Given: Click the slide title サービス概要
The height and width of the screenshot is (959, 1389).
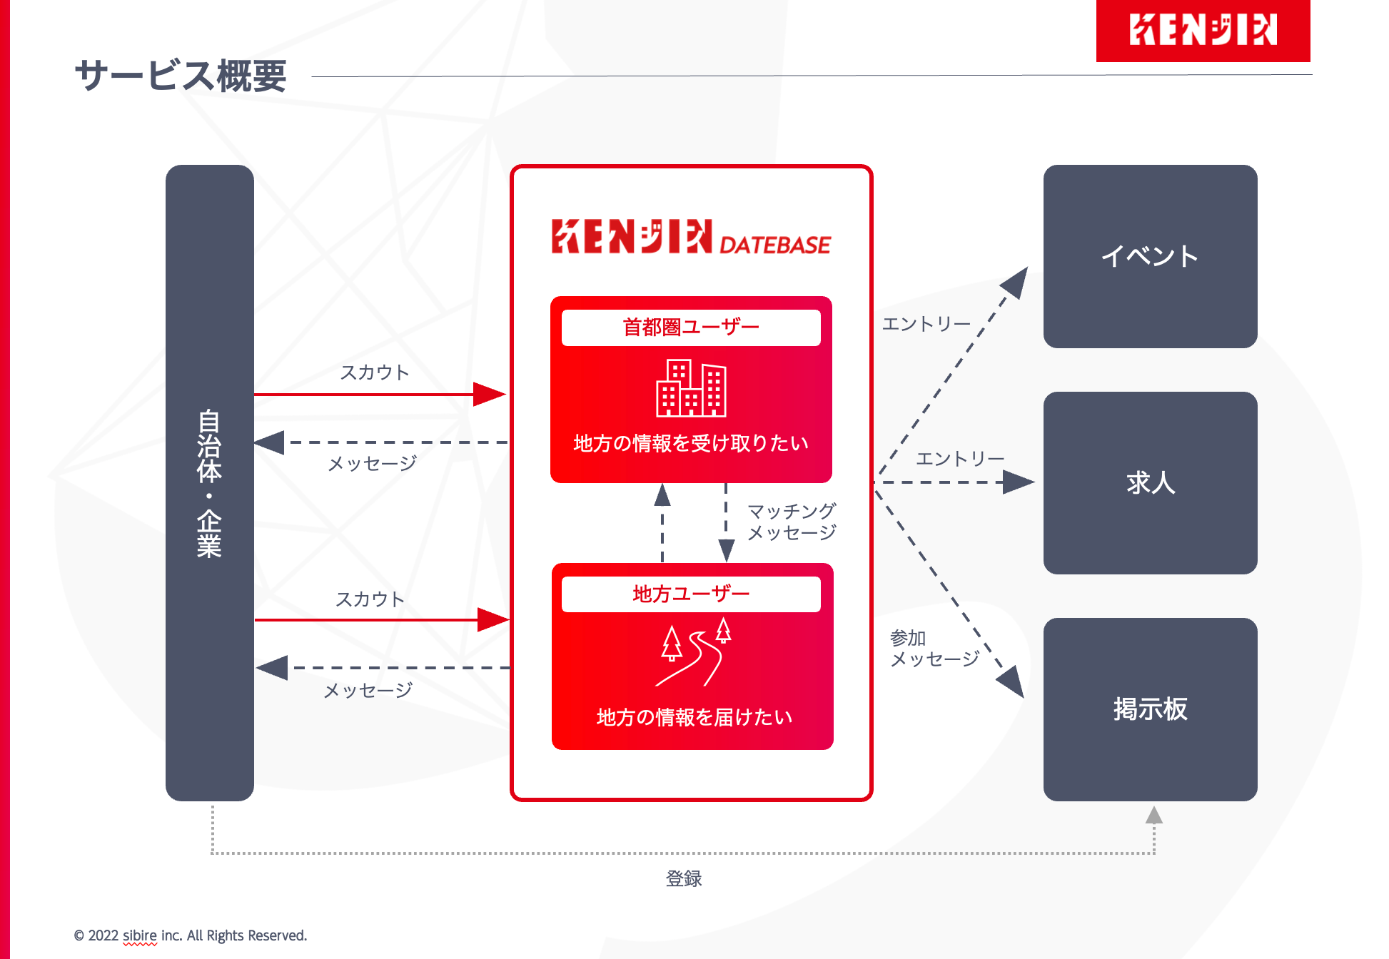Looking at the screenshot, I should pos(181,76).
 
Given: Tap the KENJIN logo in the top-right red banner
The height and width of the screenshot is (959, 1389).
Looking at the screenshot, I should pos(1203,30).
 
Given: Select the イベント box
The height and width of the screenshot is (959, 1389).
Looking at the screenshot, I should pos(1150,256).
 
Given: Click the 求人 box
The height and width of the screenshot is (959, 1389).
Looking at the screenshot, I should pos(1150,483).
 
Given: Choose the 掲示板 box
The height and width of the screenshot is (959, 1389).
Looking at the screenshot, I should pos(1150,709).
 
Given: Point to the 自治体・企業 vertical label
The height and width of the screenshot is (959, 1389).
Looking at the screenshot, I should pos(209,483).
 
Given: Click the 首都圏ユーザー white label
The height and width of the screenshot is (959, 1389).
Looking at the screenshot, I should pos(691,328).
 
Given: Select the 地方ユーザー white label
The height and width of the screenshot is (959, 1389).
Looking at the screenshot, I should pos(691,594).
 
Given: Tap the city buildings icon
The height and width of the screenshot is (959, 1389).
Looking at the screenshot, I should pos(691,389).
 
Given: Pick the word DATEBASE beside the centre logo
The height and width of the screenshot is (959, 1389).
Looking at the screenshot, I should pos(774,245).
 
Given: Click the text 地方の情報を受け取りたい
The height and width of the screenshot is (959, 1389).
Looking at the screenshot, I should pos(691,443).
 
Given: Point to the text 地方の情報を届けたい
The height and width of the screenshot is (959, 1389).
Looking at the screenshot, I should pos(694,717).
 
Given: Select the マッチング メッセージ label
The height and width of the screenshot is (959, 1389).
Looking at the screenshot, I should pos(791,522).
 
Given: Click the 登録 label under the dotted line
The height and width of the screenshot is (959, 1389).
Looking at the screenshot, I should pos(683,878).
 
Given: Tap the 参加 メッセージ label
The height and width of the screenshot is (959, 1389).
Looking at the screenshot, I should pos(934,649).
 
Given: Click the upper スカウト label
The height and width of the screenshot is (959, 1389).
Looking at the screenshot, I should pos(374,372).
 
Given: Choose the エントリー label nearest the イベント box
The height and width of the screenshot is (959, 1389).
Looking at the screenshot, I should pos(926,325).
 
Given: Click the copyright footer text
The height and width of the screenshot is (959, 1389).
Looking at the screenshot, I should pos(191,935).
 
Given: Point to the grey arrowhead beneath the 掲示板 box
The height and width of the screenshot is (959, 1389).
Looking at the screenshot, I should pos(1153,815).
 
